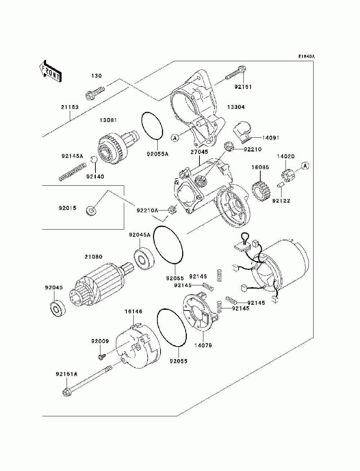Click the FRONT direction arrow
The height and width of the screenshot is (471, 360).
[50, 71]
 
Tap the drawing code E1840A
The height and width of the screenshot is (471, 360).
[306, 56]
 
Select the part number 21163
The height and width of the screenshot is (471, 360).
[70, 107]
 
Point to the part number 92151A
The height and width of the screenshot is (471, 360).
[67, 374]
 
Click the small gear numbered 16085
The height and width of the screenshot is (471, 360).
[261, 190]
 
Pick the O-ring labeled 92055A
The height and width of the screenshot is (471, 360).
[152, 126]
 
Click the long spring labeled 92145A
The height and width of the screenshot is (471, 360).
[73, 172]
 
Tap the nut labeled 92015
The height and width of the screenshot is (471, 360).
[91, 211]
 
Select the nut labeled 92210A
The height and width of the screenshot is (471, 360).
[172, 209]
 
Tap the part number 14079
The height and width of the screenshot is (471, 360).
[203, 345]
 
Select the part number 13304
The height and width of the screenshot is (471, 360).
[236, 107]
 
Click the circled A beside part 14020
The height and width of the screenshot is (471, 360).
[306, 166]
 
